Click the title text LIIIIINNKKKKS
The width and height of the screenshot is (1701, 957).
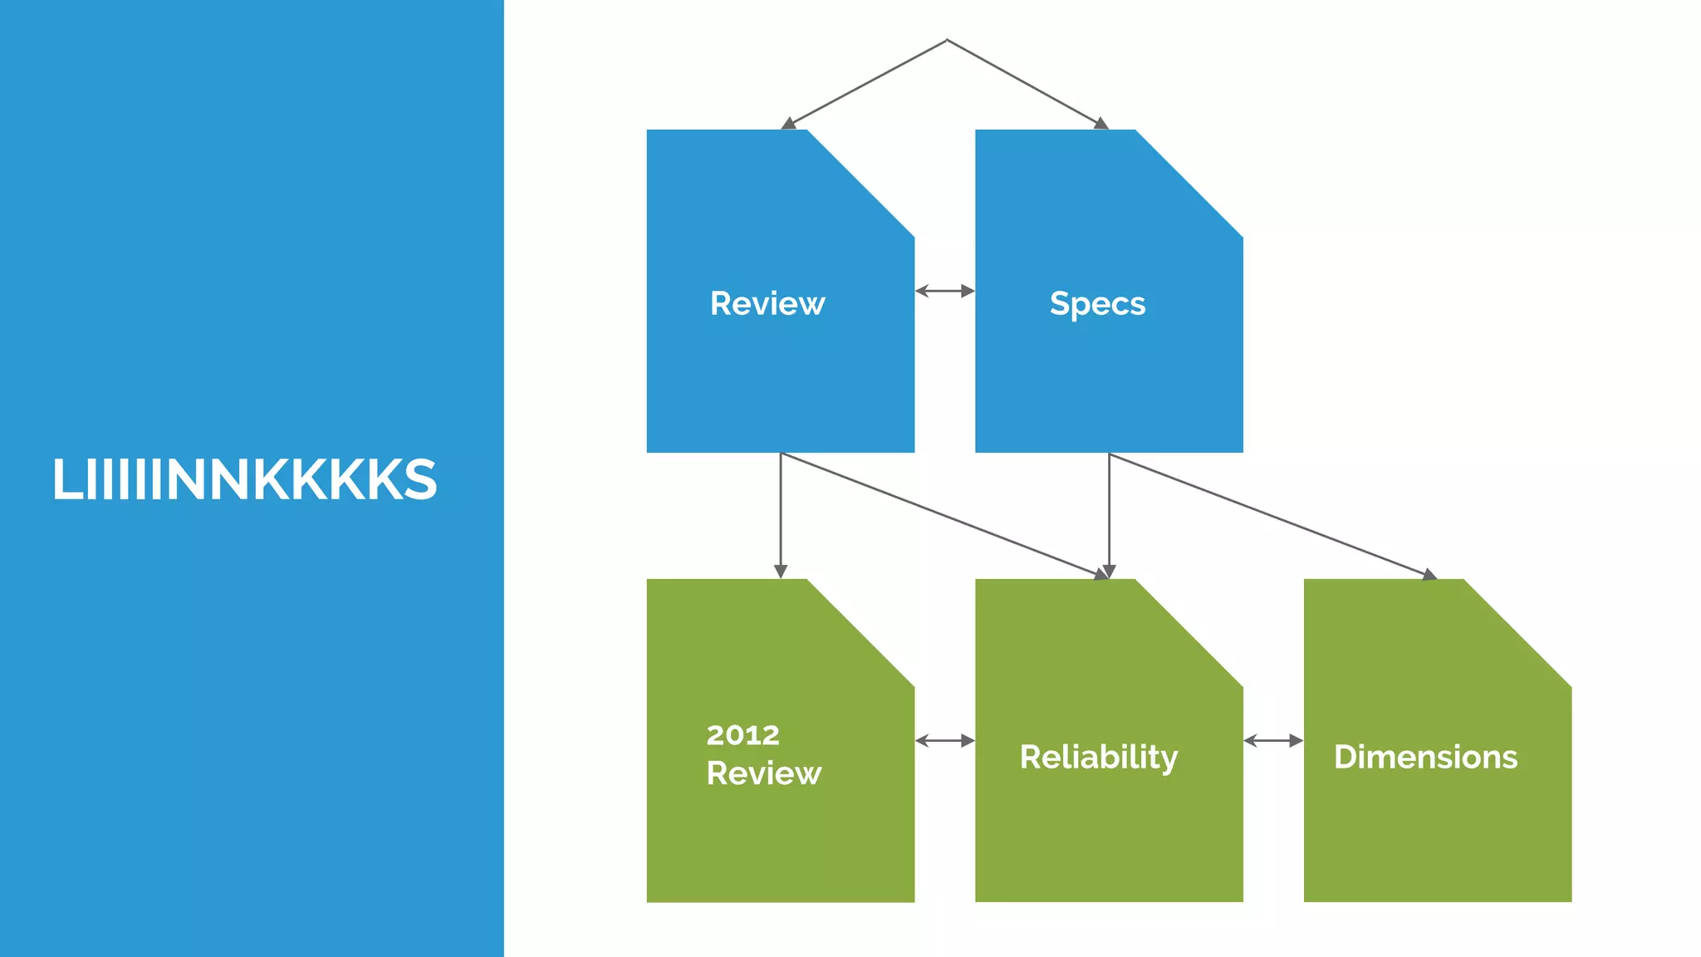tap(244, 480)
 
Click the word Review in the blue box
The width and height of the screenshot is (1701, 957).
tap(767, 303)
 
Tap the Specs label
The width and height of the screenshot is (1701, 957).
tap(1097, 304)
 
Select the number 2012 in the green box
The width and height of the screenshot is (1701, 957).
tap(743, 734)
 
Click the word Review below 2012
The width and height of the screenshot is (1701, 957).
tap(763, 773)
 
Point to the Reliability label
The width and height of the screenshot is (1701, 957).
tap(1098, 757)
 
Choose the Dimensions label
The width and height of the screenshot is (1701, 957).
tap(1425, 757)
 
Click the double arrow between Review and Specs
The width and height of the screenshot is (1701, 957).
tap(944, 291)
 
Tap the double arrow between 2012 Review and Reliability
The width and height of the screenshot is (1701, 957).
tap(944, 740)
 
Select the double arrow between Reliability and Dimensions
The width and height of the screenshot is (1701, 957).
tap(1272, 740)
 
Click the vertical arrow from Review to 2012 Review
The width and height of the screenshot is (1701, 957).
tap(780, 515)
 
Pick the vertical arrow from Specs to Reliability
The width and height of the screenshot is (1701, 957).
tap(1109, 515)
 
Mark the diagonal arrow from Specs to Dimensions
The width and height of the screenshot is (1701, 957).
tap(1271, 515)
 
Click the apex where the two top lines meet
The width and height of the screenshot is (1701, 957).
tap(947, 40)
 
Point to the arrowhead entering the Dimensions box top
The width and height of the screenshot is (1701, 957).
tap(1429, 574)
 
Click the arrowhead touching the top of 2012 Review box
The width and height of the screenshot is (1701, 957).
tap(780, 572)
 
